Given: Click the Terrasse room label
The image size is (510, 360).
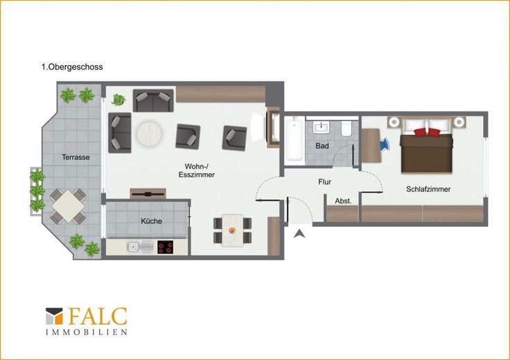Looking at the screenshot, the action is click(76, 157).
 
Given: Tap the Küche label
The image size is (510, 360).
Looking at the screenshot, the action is click(151, 221).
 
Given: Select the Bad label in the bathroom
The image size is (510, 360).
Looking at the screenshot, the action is click(322, 146).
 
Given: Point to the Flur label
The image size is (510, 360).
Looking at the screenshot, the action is click(324, 182).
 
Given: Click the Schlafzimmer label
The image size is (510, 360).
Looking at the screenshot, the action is click(428, 189).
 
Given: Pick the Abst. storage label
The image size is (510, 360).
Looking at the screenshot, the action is click(344, 201).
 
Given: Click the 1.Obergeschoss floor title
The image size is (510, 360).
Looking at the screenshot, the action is click(72, 67).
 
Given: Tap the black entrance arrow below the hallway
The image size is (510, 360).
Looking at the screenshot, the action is click(299, 233).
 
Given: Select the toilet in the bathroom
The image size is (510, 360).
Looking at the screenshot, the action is click(346, 129).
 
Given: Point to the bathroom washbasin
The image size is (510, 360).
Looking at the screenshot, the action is click(322, 127).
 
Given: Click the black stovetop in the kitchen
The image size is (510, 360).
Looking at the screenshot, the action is click(165, 247).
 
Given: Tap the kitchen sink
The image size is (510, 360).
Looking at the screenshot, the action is click(140, 247).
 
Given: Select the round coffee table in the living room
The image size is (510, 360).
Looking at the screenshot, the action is click(149, 134).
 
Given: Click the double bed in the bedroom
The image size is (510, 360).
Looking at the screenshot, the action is click(426, 145).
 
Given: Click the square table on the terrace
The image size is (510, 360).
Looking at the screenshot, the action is click(68, 206).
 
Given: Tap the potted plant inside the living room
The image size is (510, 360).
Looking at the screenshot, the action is click(118, 100).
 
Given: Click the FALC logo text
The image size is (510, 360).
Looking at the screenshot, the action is click(98, 316).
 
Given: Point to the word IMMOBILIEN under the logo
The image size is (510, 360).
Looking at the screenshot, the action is click(87, 332).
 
